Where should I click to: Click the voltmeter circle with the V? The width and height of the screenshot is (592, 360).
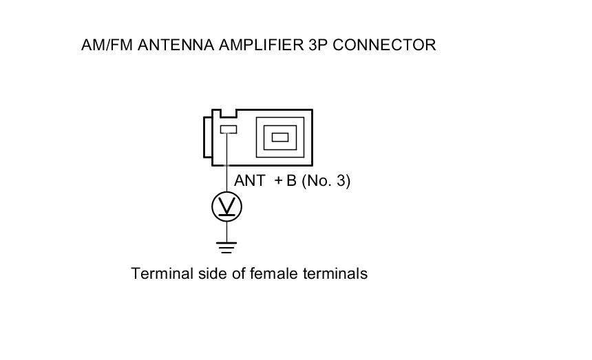coord(227,207)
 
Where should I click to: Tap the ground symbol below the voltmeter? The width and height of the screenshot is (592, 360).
coord(227,246)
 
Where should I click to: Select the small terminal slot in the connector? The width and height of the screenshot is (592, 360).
coord(228,129)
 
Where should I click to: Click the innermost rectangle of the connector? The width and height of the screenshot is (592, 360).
coord(279,136)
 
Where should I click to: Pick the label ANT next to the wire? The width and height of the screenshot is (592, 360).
coord(250,182)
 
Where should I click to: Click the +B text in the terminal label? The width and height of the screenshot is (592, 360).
coord(284,182)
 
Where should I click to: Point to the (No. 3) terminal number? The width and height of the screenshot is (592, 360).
coord(326,182)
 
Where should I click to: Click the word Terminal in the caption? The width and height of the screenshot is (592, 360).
coord(159,274)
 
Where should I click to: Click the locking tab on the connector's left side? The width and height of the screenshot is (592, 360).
coord(207,137)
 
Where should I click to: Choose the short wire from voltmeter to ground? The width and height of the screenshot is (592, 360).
coord(227,231)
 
